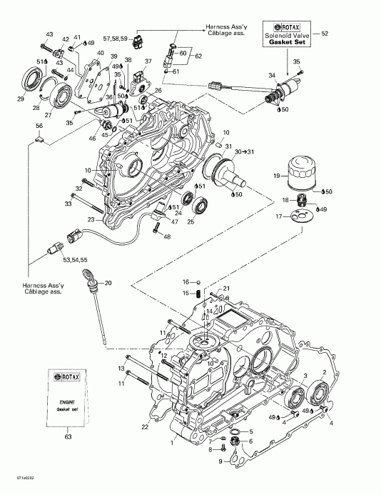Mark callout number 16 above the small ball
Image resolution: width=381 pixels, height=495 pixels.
pyautogui.click(x=183, y=282)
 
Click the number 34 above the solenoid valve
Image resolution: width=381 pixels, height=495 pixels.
pyautogui.click(x=271, y=75)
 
